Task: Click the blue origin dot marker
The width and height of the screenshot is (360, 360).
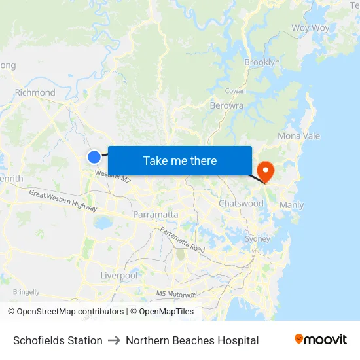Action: [x=94, y=157]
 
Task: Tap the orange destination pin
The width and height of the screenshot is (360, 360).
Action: [x=266, y=171]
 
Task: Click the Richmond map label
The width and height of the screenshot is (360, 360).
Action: [x=35, y=92]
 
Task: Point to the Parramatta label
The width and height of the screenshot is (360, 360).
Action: [x=155, y=215]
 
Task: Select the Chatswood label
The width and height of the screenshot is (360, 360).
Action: [x=241, y=204]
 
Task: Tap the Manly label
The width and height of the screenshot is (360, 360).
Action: [x=291, y=205]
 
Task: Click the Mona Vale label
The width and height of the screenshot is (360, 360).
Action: [x=298, y=136]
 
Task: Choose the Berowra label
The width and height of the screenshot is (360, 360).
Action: [x=226, y=105]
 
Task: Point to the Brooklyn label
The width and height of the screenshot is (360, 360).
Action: [x=262, y=62]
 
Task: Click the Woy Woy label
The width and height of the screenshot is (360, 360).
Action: [x=310, y=28]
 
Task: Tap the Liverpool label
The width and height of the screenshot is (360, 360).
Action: [x=119, y=276]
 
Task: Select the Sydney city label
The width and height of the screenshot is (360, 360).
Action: [x=257, y=239]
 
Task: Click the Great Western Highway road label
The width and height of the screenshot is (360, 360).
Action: [x=63, y=200]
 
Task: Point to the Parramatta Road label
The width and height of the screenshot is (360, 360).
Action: [x=182, y=240]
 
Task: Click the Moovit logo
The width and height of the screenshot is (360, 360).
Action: [x=321, y=340]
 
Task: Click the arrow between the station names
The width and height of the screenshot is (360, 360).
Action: [x=114, y=340]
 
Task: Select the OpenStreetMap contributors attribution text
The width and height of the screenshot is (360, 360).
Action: [x=71, y=312]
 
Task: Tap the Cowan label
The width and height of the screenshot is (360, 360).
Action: [x=235, y=91]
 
